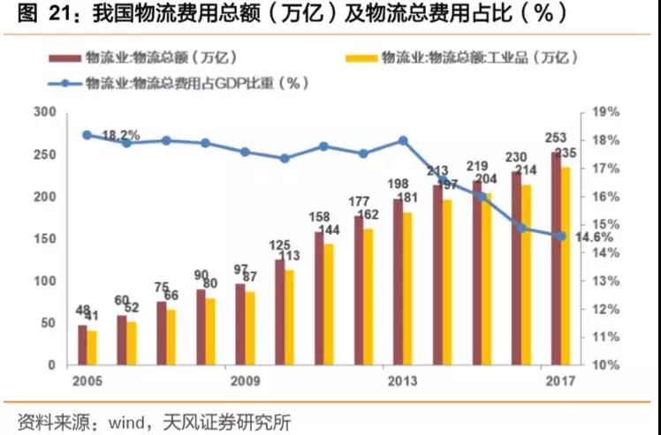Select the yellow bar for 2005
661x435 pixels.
(x=92, y=348)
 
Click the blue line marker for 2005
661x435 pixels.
(x=87, y=135)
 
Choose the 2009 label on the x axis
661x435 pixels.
(x=246, y=381)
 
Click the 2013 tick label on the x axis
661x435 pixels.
(x=401, y=381)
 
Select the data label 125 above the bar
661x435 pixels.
(x=279, y=244)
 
